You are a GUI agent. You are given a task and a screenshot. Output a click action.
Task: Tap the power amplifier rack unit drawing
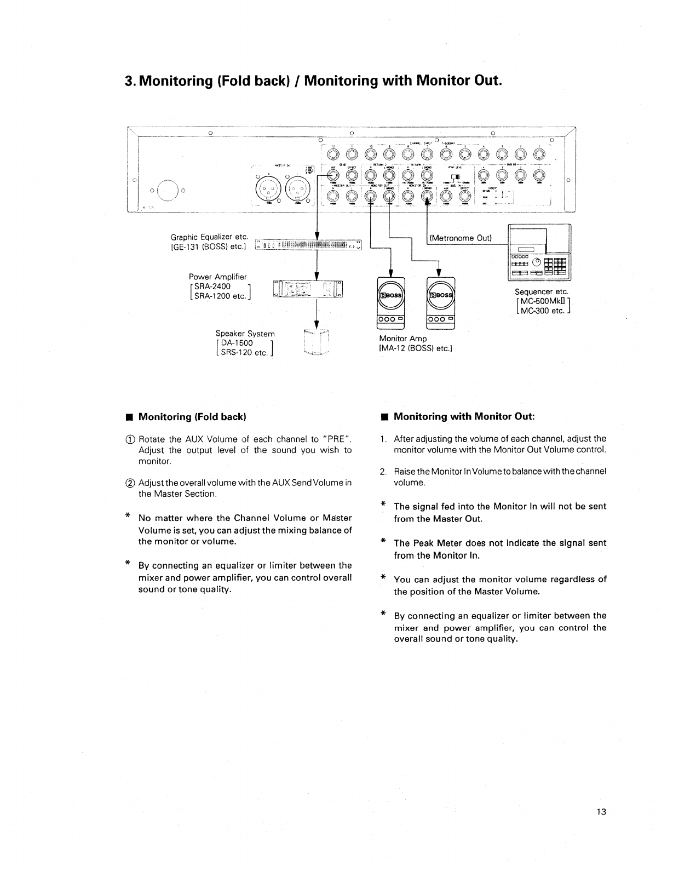[308, 288]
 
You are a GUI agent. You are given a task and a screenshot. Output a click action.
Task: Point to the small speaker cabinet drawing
[317, 343]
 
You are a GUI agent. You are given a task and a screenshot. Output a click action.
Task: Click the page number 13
[602, 812]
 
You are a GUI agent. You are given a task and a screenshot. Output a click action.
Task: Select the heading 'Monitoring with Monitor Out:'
[464, 416]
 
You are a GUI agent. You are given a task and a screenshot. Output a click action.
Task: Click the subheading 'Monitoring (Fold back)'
[192, 417]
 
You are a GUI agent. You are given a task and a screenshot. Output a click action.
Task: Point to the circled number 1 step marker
[131, 439]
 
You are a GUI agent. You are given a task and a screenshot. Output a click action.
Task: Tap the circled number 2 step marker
[131, 483]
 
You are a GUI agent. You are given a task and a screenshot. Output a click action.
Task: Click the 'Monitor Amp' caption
[402, 339]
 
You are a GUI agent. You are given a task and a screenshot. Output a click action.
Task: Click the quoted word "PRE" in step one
[335, 439]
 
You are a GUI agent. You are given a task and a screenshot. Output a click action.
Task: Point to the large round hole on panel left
[168, 190]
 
